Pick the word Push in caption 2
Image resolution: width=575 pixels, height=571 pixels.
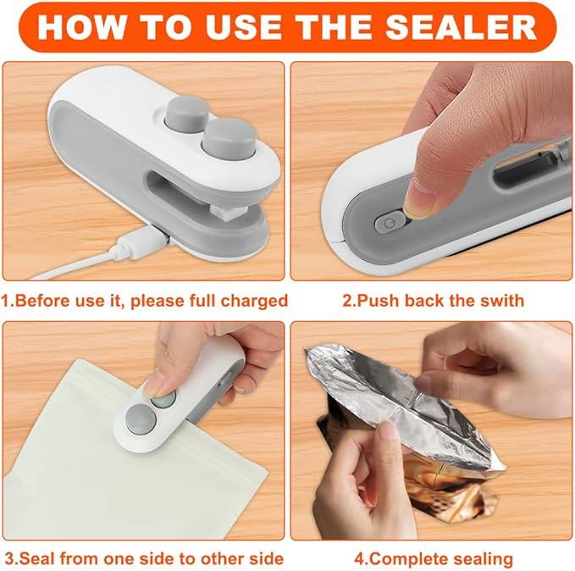coord(378,301)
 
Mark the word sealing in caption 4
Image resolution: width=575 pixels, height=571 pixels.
coord(483,558)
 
